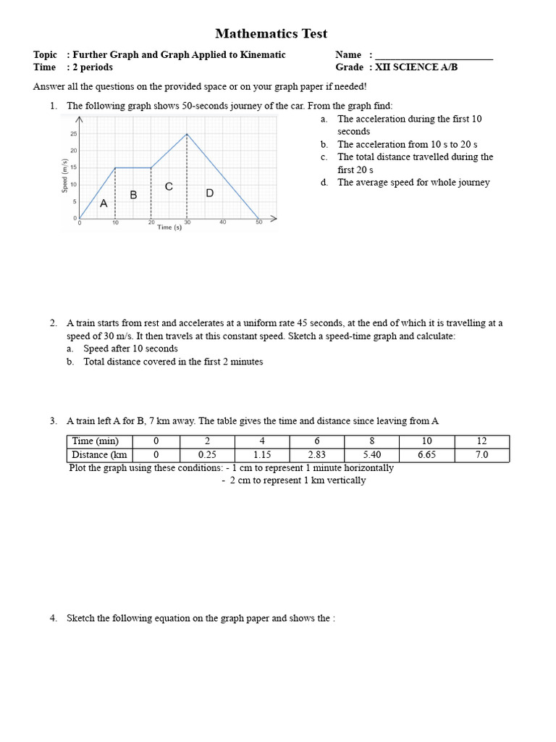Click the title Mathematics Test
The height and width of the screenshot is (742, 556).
[271, 33]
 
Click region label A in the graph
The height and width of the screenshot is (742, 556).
[104, 204]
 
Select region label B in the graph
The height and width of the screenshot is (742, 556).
[133, 195]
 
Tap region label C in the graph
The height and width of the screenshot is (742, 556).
[169, 186]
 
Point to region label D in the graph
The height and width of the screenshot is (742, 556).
[210, 193]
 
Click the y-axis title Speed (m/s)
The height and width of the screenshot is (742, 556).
[66, 176]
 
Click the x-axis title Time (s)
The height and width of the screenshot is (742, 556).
[169, 228]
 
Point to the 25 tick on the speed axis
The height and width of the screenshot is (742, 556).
[74, 134]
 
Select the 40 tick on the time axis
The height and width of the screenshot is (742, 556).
[223, 222]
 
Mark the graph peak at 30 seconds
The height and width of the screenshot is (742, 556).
[188, 133]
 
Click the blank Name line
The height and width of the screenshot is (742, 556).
[434, 56]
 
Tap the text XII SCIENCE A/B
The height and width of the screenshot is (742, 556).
[417, 67]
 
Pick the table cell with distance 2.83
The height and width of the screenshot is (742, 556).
[316, 454]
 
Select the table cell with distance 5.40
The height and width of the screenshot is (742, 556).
[371, 454]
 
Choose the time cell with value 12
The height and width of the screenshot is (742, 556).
[481, 441]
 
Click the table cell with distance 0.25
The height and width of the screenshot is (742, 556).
[207, 454]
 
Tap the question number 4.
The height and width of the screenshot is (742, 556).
[54, 618]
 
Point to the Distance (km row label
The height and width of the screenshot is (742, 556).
[99, 454]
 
